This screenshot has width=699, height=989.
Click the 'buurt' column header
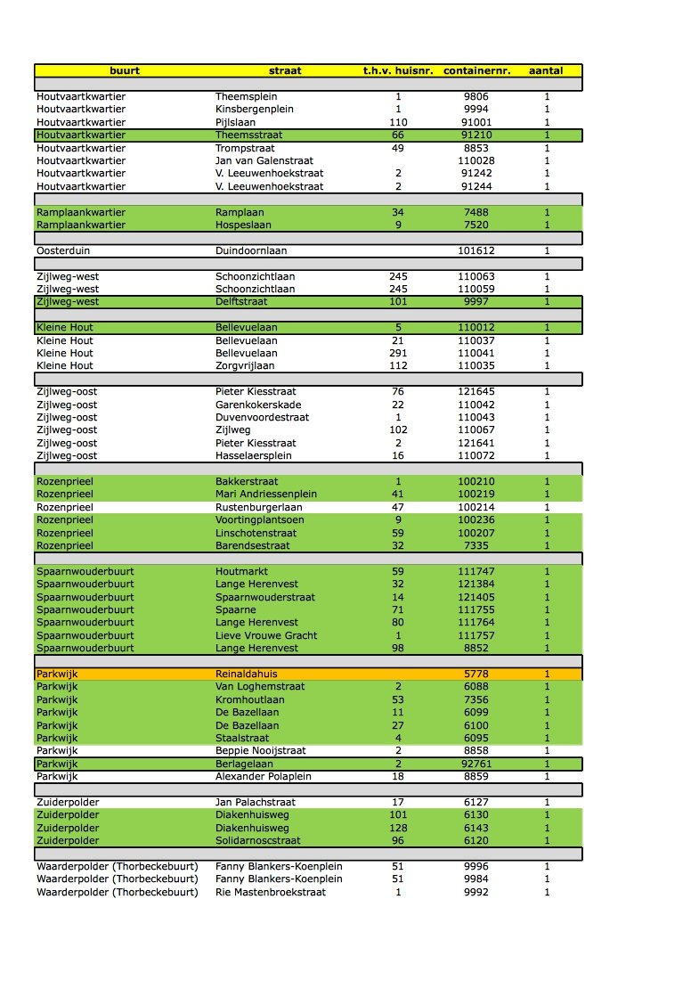[125, 70]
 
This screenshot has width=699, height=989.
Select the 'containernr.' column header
[476, 70]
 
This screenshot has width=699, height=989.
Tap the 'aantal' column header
[547, 70]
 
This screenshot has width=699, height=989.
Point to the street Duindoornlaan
[252, 251]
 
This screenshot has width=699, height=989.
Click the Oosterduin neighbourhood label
[63, 251]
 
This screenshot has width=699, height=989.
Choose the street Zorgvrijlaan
[245, 365]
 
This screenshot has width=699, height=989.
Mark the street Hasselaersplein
[253, 456]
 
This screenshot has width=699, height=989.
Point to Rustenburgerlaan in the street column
[258, 507]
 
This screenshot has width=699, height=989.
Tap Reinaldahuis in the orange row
[247, 674]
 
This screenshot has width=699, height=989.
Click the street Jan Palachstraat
[256, 802]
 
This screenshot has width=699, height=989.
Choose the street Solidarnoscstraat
[258, 840]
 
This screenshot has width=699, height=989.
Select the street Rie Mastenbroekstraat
[271, 892]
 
